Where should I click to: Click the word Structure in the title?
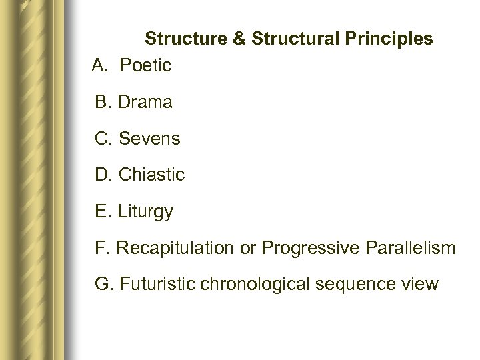coord(185,38)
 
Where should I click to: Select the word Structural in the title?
coord(285,38)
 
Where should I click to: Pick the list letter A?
coord(97,66)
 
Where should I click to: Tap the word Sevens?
coord(148,139)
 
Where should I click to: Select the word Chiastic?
coord(151,176)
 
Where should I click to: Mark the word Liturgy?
coord(145,213)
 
